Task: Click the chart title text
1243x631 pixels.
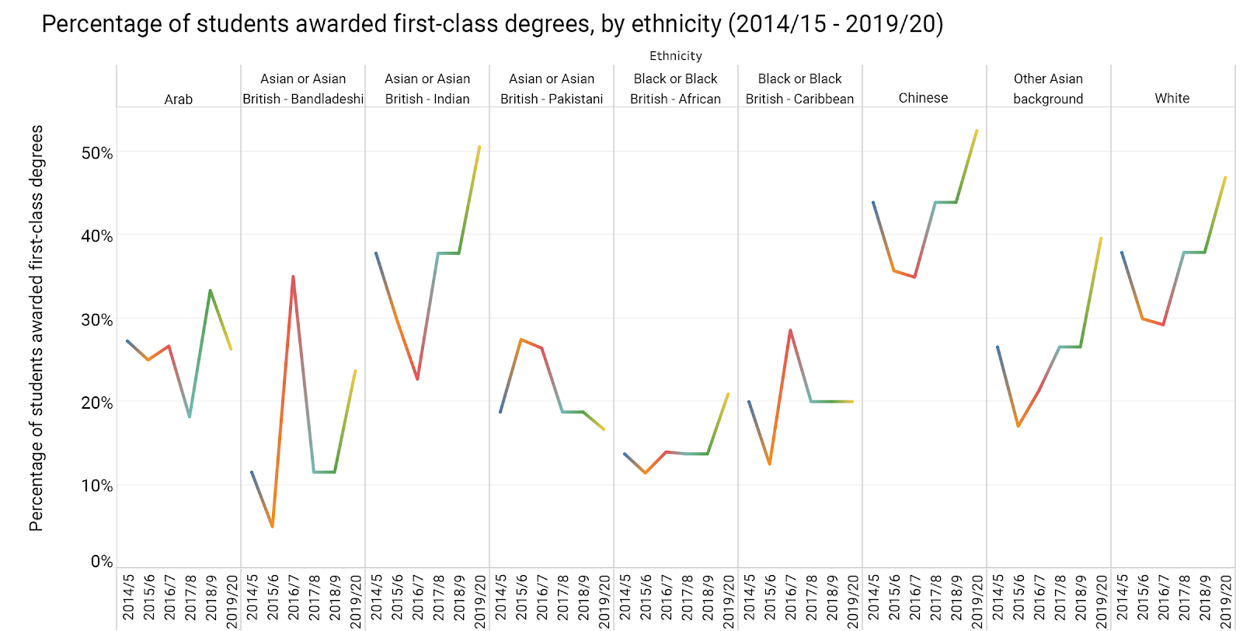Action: [x=492, y=24]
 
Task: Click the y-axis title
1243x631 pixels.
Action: [x=36, y=328]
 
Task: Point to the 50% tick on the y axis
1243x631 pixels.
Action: [x=97, y=153]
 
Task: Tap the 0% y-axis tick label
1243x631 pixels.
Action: [x=102, y=561]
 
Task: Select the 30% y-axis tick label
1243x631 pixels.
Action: [x=97, y=319]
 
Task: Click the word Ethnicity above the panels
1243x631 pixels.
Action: [x=675, y=56]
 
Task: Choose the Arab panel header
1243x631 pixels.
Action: [x=178, y=99]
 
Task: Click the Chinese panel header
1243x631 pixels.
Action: [x=923, y=98]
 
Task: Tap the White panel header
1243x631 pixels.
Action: [x=1172, y=98]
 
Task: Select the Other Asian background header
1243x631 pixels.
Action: [x=1048, y=89]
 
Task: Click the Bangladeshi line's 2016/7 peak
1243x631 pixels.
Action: [x=293, y=276]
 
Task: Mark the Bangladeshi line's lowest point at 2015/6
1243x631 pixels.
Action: [x=273, y=527]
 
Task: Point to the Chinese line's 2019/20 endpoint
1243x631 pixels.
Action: [x=977, y=131]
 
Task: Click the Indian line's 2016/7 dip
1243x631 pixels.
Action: [x=417, y=379]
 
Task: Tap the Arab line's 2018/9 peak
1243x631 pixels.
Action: [x=210, y=291]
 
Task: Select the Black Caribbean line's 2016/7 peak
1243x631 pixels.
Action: [x=790, y=330]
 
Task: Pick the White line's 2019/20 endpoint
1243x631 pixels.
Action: [x=1225, y=177]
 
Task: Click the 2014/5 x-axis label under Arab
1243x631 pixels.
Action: [x=128, y=597]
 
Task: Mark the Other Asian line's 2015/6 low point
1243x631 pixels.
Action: [x=1018, y=426]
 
